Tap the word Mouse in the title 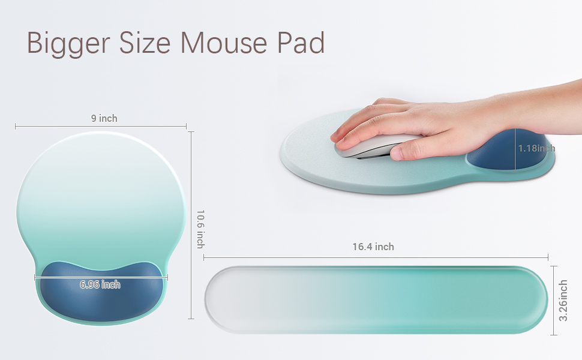[x=224, y=43]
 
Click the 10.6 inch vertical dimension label [x=200, y=228]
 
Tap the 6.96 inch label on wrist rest [x=100, y=284]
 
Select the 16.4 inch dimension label [x=373, y=247]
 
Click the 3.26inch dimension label [x=564, y=300]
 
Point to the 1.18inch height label [x=536, y=148]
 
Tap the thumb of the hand [x=414, y=150]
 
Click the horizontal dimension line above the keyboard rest [x=300, y=257]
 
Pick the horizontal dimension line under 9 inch [x=60, y=126]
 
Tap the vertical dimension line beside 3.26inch [x=553, y=300]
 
